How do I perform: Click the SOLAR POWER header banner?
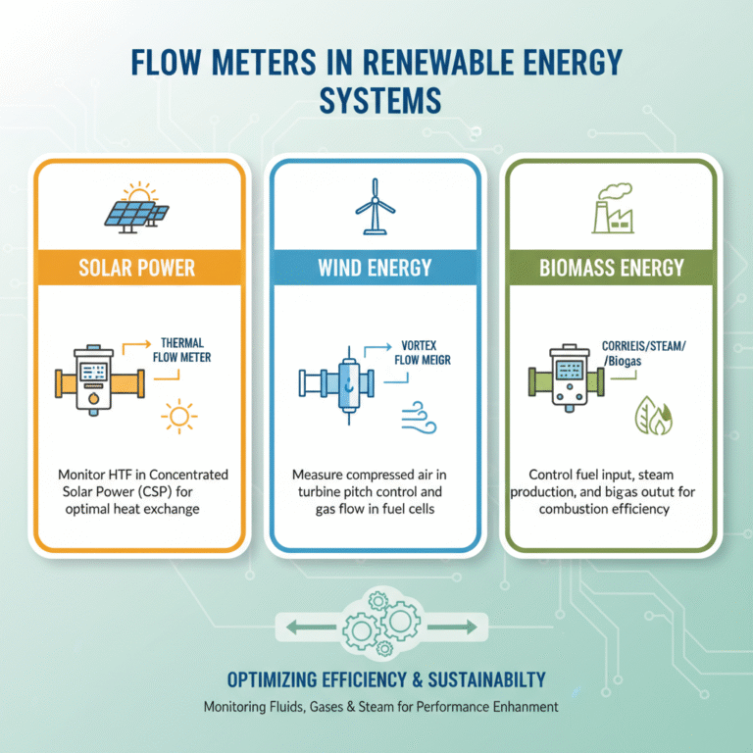click(137, 267)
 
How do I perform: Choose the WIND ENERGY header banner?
click(376, 267)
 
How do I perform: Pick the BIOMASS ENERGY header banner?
click(611, 267)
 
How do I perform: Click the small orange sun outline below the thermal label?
click(178, 417)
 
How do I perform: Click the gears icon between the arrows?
click(378, 625)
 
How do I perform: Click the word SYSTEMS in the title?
click(376, 101)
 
